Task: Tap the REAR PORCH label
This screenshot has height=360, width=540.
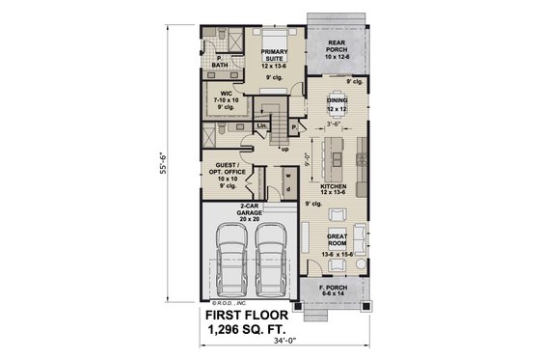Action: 337,47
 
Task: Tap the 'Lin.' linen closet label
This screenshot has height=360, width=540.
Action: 261,125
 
